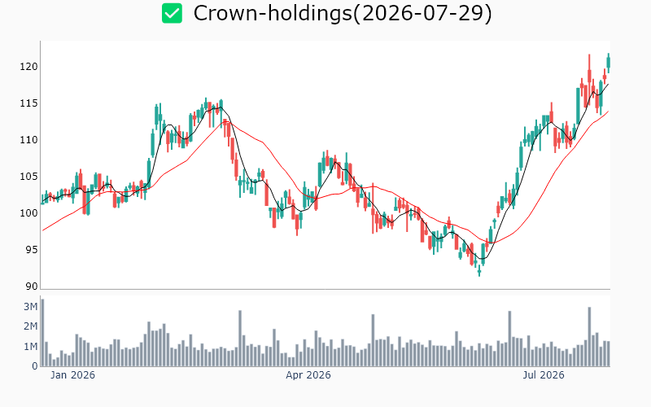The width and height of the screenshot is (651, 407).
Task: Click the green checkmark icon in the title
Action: [172, 13]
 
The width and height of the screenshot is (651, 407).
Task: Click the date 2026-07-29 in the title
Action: [422, 13]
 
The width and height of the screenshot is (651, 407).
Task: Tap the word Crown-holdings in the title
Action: [273, 13]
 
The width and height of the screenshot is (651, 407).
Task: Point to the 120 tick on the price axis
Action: [28, 67]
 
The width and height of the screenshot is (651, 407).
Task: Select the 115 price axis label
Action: [28, 103]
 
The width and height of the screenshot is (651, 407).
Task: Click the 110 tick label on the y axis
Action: [28, 139]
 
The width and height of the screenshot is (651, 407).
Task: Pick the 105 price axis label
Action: [28, 176]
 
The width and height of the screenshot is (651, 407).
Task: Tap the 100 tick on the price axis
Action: [28, 212]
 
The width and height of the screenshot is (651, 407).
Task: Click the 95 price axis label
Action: [32, 249]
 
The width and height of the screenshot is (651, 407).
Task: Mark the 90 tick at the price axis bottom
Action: [32, 287]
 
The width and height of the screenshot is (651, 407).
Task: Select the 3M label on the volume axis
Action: [31, 307]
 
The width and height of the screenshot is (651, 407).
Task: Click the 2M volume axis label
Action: [31, 326]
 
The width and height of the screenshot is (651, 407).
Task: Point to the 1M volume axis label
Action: [31, 346]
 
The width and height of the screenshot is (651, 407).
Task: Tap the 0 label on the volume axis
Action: [35, 365]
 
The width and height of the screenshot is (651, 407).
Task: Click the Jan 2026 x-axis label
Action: [72, 375]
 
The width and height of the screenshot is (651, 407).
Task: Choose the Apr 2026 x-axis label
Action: [308, 375]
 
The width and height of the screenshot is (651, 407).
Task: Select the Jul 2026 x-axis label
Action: [544, 375]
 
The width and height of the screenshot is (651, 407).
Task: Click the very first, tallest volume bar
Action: [42, 333]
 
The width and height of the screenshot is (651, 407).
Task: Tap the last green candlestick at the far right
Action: [609, 63]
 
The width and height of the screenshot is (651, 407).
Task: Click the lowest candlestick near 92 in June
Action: [479, 271]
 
